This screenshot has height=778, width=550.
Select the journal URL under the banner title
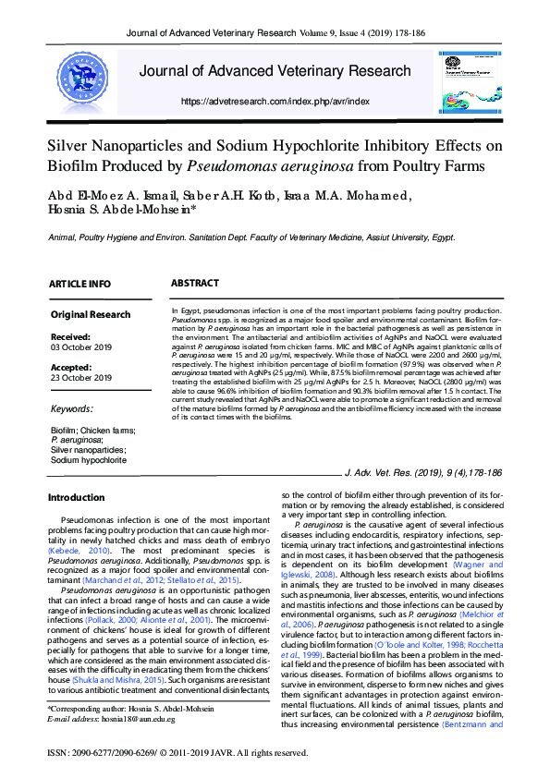[x=275, y=101]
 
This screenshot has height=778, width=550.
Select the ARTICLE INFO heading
[x=79, y=284]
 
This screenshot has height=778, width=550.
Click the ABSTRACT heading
[x=195, y=283]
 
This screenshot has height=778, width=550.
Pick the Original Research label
[x=91, y=315]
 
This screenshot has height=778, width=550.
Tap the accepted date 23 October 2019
[x=81, y=377]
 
